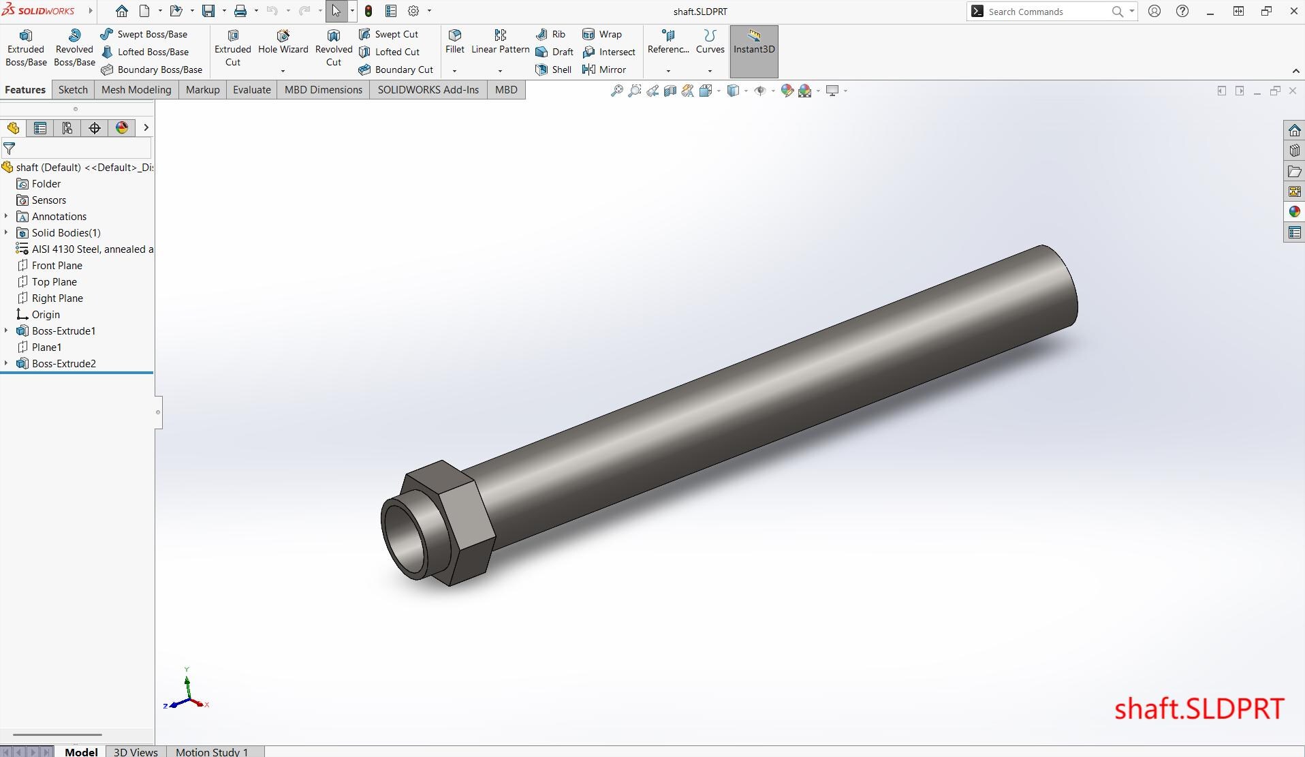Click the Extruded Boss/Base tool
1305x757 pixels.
(x=26, y=48)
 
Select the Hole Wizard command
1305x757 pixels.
(x=283, y=42)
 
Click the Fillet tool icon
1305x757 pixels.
(x=454, y=41)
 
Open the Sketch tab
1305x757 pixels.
(x=73, y=89)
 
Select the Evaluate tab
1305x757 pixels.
(x=251, y=89)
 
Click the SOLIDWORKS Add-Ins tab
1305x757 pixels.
(x=428, y=89)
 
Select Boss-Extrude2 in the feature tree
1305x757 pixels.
(x=63, y=363)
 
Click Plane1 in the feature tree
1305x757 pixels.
(x=46, y=347)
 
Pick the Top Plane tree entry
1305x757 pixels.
(x=54, y=281)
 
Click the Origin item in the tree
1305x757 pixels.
(x=46, y=314)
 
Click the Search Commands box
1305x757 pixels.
(x=1045, y=12)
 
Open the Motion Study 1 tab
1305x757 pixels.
(x=211, y=752)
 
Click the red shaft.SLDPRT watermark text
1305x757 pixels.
(x=1198, y=709)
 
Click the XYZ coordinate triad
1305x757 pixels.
(x=186, y=692)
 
